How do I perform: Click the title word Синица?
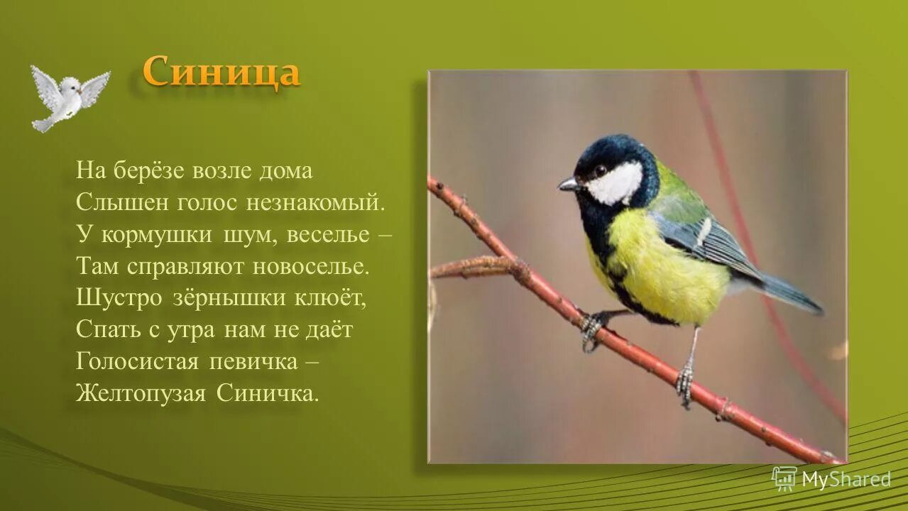point(221,72)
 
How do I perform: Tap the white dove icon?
point(69,97)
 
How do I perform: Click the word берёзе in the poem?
point(148,171)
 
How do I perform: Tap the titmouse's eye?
point(601,170)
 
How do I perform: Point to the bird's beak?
point(568,184)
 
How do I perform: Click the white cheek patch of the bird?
point(616,183)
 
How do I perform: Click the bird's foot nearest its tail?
point(685,383)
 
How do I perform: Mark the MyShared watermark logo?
point(831,479)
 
